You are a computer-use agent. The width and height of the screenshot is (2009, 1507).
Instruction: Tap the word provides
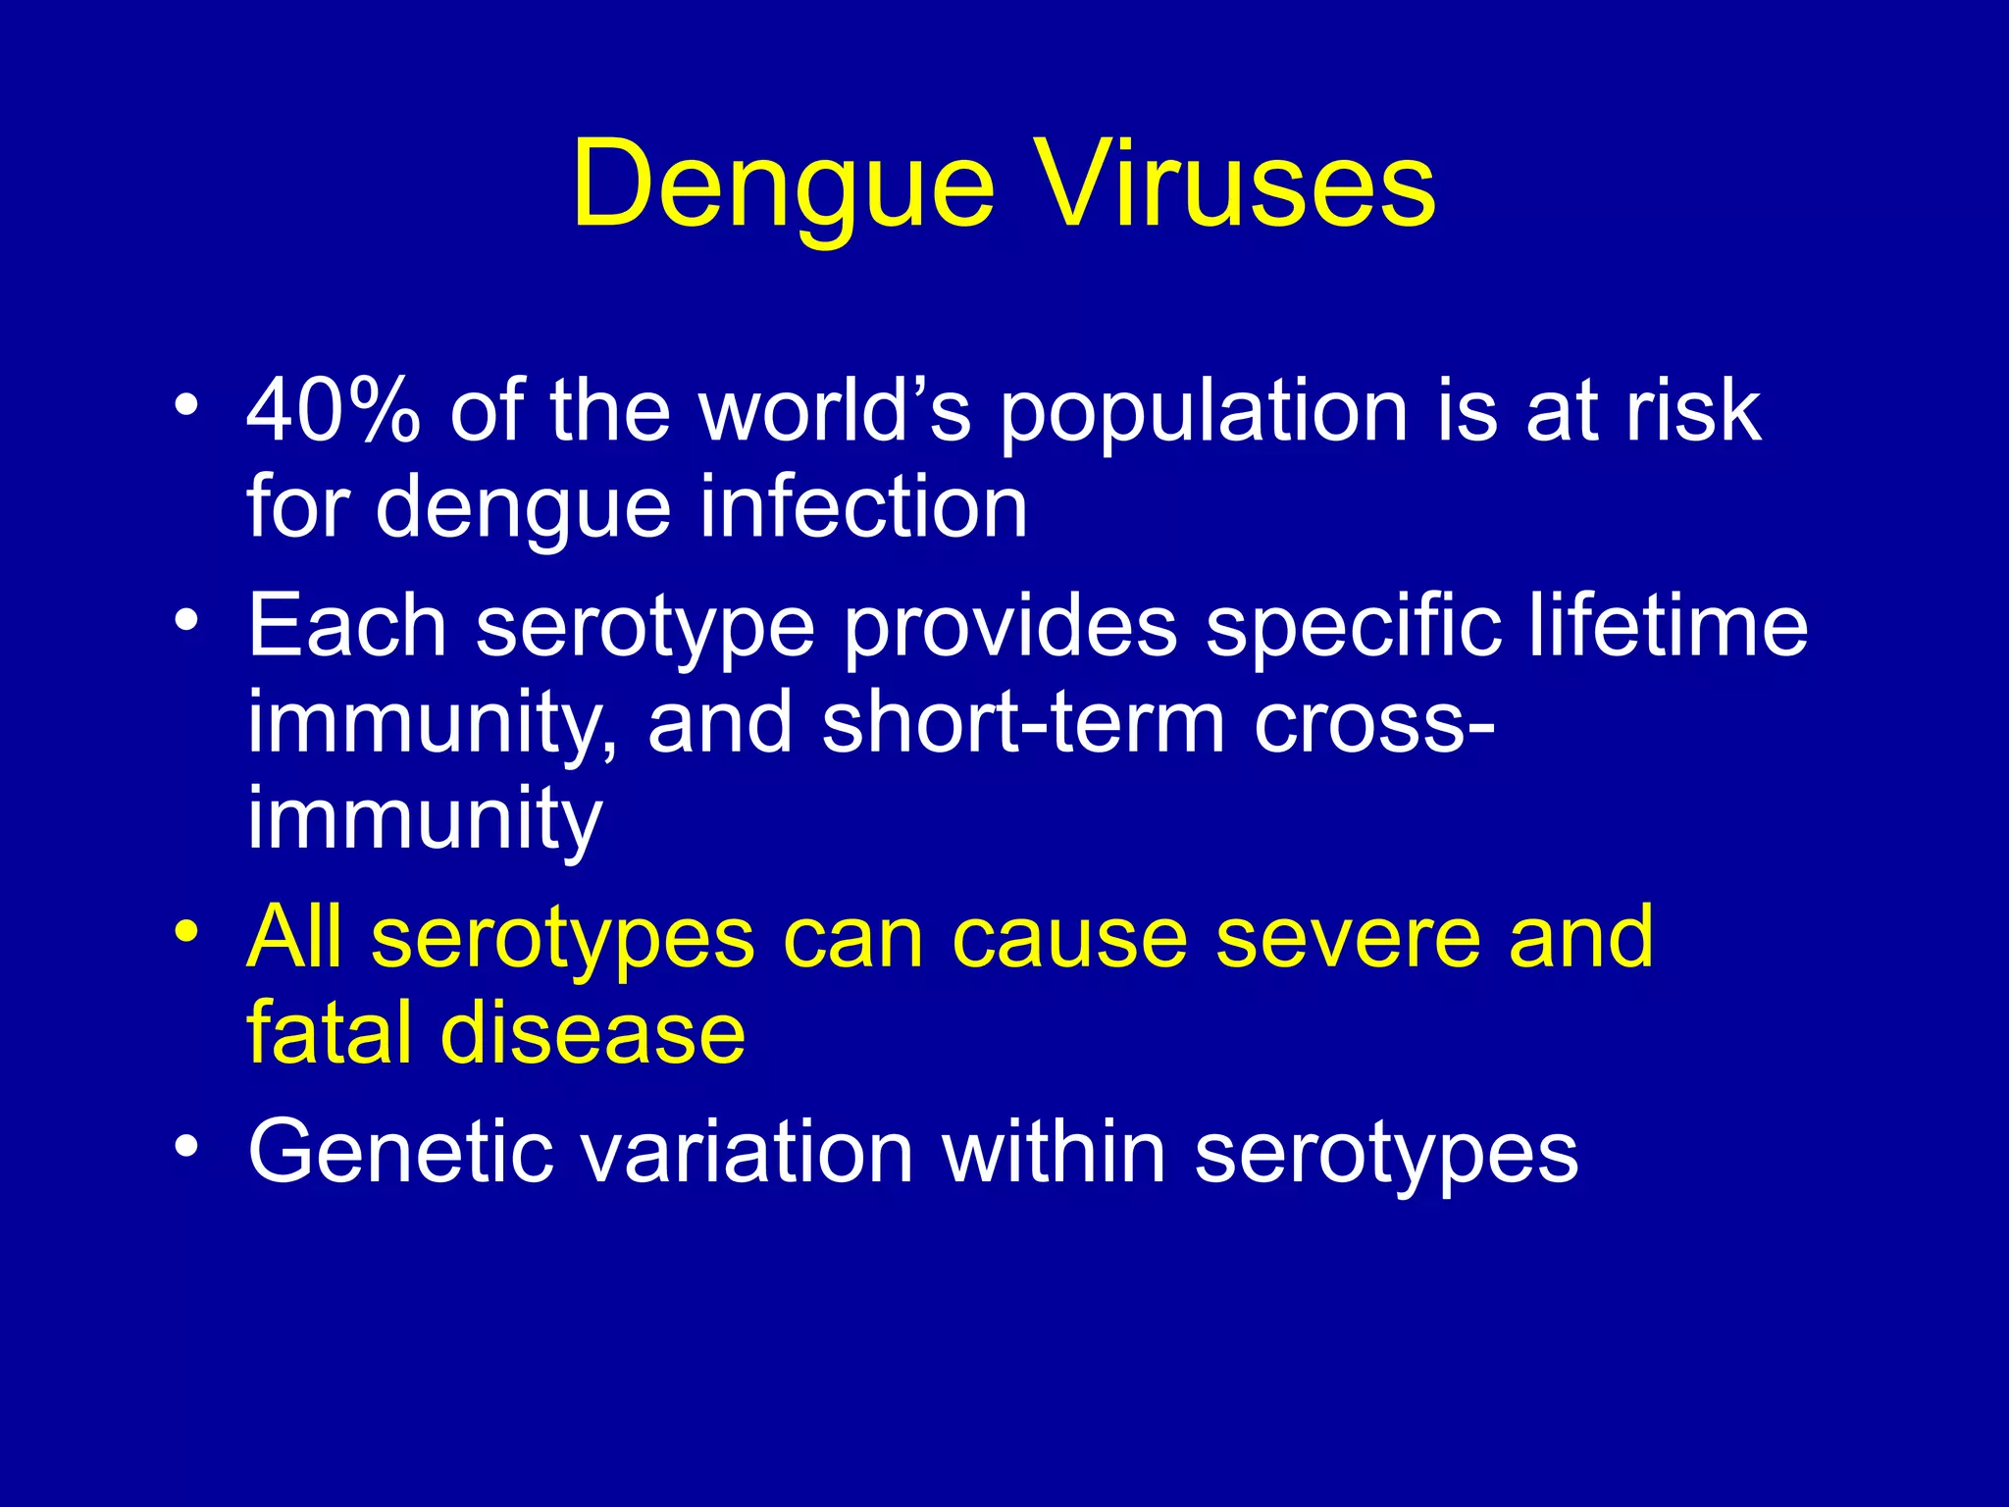pos(1010,628)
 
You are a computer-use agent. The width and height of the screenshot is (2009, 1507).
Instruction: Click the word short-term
pos(1024,723)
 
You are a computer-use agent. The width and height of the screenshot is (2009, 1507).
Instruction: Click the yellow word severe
pos(1348,938)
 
